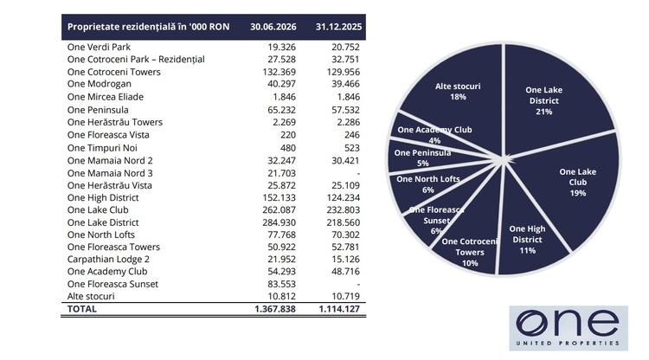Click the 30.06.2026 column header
pos(273,27)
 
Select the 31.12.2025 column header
pos(338,27)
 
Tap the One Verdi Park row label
pos(99,48)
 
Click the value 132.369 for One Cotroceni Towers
pos(279,72)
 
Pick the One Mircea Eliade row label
pos(106,97)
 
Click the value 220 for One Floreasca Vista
pos(287,135)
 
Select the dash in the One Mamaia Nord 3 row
pos(358,173)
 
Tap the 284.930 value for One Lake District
pos(279,222)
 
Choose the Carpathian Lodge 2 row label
pos(108,260)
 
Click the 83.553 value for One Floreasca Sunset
pos(282,284)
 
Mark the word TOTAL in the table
pos(82,309)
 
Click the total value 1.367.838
pos(275,309)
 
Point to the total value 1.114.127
pos(339,309)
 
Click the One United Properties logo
pos(569,329)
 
